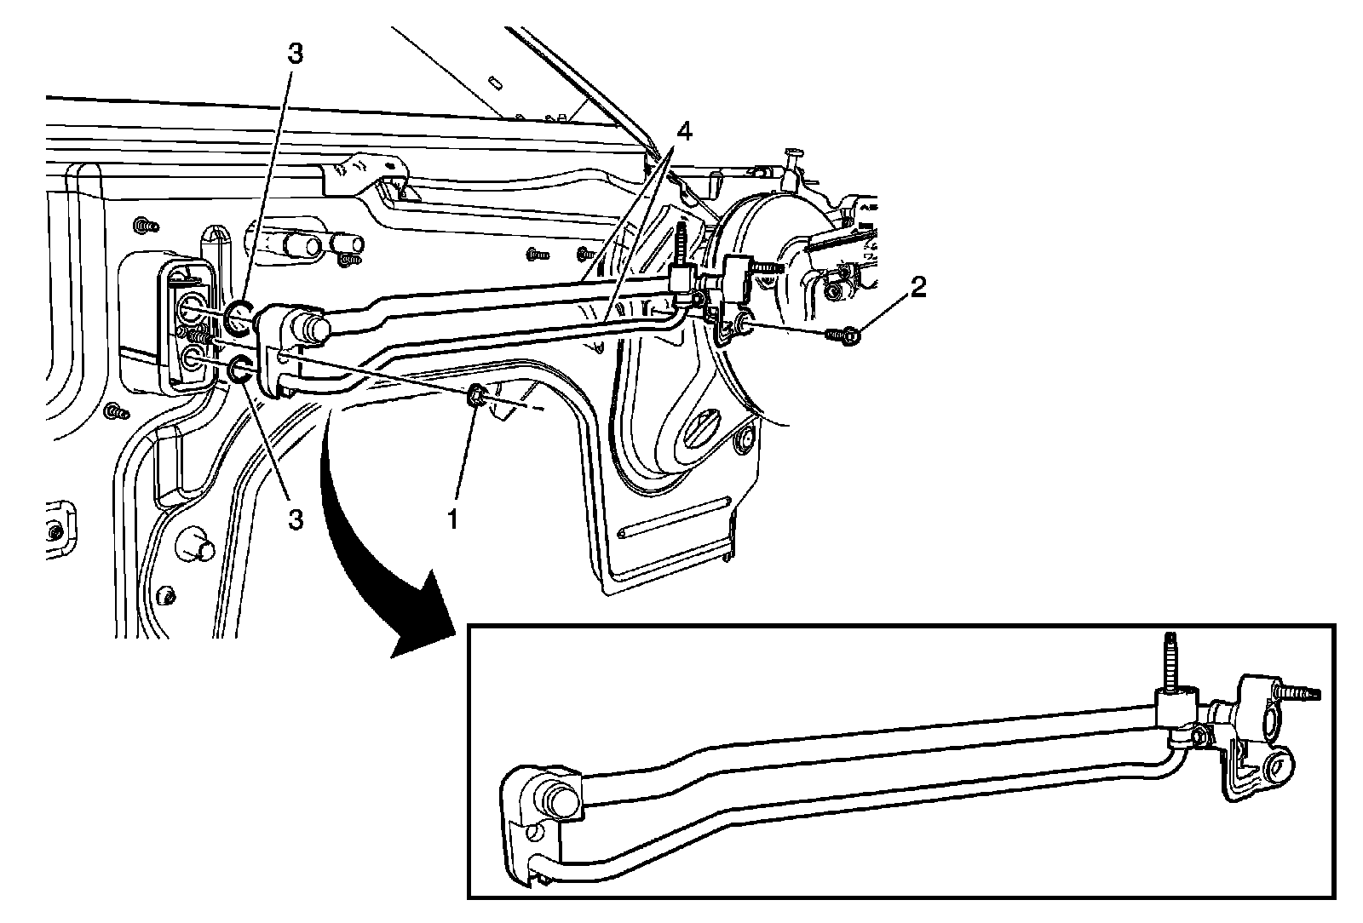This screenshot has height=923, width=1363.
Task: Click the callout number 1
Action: (453, 518)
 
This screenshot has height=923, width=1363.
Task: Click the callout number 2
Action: (917, 288)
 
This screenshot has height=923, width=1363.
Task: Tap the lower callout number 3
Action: (295, 519)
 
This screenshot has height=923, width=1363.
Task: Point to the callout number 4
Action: (684, 133)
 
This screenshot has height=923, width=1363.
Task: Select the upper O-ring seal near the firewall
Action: (239, 315)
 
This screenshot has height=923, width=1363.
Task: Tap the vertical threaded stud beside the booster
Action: (681, 246)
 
